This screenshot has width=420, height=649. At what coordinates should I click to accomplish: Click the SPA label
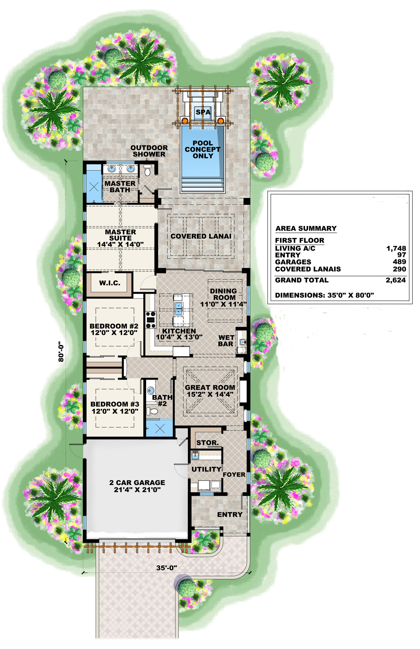tap(203, 112)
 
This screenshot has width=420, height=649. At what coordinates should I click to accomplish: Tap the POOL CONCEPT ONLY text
tap(203, 150)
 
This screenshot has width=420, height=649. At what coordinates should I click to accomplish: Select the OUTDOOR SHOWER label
tap(149, 151)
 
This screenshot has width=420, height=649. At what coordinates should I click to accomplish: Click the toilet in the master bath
tap(148, 171)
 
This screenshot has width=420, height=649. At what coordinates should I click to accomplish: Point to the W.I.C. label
tap(109, 283)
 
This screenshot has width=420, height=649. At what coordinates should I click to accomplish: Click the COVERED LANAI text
tap(201, 236)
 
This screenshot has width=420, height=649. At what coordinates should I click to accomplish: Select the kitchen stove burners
tap(151, 320)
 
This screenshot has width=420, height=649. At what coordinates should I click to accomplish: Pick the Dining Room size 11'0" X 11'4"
tap(223, 304)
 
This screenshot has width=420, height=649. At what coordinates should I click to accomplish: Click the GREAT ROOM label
tap(210, 387)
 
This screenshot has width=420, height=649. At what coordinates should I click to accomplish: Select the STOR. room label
tap(207, 443)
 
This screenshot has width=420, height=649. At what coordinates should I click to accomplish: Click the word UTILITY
tap(206, 469)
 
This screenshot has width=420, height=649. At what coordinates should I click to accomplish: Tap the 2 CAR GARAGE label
tap(137, 482)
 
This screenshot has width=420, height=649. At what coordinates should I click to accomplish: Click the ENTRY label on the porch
tap(230, 515)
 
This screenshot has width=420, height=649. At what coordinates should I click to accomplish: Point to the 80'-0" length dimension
tap(61, 351)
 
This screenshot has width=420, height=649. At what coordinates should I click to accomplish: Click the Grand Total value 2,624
tap(395, 280)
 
